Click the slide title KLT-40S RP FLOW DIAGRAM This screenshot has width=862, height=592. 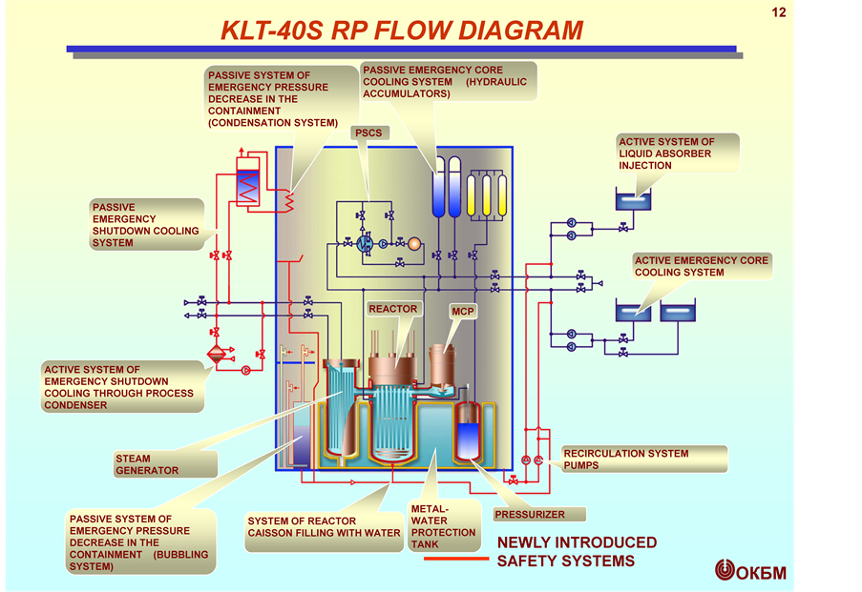(401, 30)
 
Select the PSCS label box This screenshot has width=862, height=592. (368, 133)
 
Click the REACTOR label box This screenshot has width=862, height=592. (393, 309)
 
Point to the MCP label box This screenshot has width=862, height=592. (463, 312)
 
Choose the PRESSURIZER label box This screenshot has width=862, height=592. (530, 515)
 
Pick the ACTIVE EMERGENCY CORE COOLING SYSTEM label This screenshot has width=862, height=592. (702, 266)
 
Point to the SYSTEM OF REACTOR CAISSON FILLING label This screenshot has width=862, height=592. (324, 527)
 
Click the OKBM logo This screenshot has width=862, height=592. (750, 570)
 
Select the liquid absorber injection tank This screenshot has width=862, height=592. (633, 201)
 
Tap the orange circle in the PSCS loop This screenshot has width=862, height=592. (413, 244)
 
